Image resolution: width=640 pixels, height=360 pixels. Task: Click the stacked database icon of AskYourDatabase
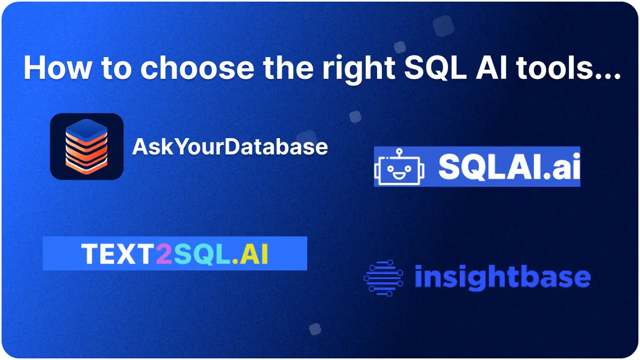tap(86, 146)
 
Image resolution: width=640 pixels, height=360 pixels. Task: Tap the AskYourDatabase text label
tap(230, 146)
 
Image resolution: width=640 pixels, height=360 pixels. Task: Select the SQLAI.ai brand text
tap(509, 166)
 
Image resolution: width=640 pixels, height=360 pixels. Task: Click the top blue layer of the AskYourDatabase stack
tap(86, 127)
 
